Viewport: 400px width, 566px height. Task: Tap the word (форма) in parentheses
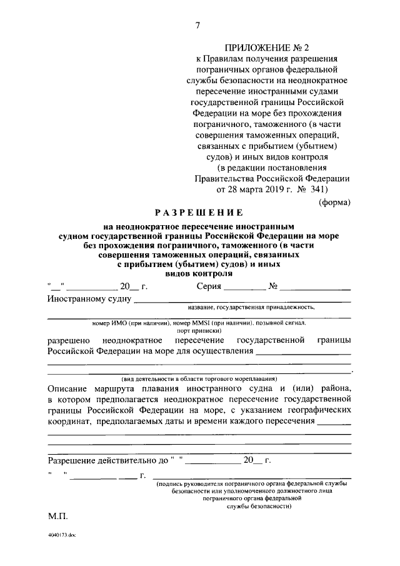[334, 201]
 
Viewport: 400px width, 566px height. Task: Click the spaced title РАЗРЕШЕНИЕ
[199, 213]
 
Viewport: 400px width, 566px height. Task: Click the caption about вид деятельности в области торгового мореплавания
[199, 380]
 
